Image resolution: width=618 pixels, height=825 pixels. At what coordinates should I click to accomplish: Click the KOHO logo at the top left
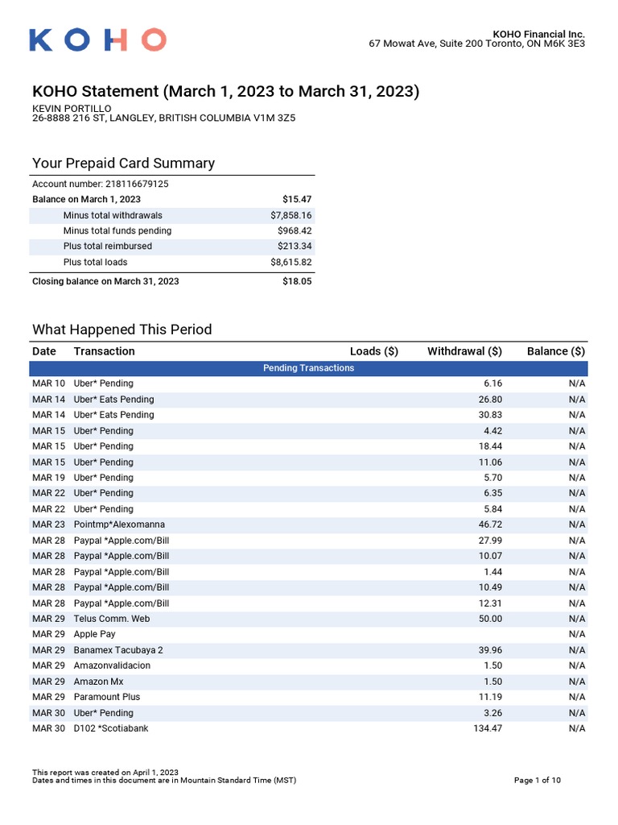coord(97,39)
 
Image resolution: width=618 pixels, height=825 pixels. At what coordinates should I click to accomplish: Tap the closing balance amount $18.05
coord(297,281)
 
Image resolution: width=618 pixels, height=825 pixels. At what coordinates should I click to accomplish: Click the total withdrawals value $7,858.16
coord(290,215)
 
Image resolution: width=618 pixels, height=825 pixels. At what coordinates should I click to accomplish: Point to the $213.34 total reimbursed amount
coord(295,247)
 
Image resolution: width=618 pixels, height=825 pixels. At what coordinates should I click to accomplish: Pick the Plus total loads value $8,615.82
coord(290,263)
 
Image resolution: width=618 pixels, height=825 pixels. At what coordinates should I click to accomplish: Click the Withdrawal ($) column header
coord(464,351)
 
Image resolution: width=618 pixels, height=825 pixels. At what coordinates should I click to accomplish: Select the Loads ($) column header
coord(373,351)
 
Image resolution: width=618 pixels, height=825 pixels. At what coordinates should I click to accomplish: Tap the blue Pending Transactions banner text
coord(308,368)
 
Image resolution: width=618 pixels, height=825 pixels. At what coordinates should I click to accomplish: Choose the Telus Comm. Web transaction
coord(111,619)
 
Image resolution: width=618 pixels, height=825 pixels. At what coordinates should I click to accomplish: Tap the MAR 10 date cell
coord(48,383)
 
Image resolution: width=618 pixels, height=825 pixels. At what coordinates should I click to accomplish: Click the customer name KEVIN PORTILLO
coord(72,109)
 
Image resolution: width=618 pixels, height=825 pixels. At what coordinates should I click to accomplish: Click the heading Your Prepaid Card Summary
coord(123,164)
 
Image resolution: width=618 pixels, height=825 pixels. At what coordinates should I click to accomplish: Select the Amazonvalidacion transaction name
coord(112,665)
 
